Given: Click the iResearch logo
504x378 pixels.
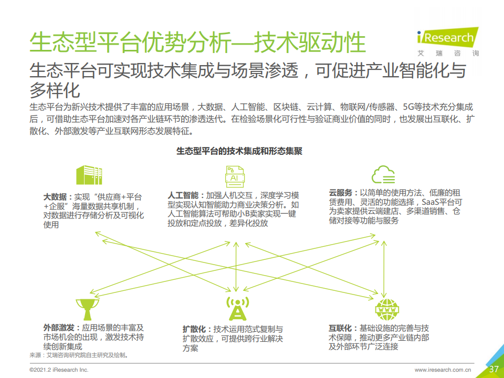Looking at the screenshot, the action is coord(448,42).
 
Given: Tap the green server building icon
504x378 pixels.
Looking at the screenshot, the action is coord(89,175).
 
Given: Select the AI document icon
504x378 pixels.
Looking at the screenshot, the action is coord(235,176).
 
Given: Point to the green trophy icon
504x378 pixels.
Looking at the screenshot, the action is coord(88,309).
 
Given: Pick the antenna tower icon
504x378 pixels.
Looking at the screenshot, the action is coord(237,308).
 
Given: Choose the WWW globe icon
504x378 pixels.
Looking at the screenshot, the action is coord(387,310).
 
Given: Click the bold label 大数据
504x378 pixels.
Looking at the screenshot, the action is coord(55,197).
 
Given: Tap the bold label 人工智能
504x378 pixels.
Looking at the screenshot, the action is coord(183,195).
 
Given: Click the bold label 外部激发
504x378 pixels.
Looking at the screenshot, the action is coord(59,328).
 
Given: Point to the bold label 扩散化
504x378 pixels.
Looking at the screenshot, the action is coord(194,329).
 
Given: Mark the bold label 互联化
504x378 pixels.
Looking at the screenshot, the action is coord(340,328).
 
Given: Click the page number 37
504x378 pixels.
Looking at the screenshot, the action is coord(493,369).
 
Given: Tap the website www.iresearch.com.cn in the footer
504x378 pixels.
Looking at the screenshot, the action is coord(443,370).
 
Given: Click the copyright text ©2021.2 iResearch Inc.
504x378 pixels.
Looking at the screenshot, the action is coord(59,370).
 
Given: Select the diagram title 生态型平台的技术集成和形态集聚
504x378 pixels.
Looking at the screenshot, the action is coord(239,151).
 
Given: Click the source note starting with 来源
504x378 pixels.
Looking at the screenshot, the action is coord(79,355).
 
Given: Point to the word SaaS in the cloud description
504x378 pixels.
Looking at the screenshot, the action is coord(430,202).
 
